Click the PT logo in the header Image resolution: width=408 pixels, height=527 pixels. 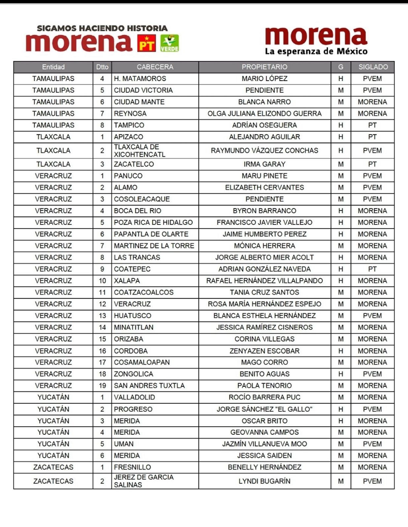[x=146, y=43]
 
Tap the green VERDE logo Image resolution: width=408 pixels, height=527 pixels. [x=169, y=43]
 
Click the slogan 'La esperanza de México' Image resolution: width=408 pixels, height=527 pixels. [x=316, y=51]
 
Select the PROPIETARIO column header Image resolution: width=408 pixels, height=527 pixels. [x=264, y=67]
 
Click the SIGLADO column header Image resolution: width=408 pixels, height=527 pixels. [x=373, y=67]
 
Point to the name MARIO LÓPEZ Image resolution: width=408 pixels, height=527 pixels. [x=264, y=79]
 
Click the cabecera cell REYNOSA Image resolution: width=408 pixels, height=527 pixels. [x=130, y=114]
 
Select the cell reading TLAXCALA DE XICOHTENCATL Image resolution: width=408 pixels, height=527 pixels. [x=140, y=151]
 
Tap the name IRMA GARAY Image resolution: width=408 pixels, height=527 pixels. [x=264, y=164]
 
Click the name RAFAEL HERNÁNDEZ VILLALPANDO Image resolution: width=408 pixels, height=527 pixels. [x=264, y=281]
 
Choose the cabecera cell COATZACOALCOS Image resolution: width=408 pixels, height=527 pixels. [x=144, y=292]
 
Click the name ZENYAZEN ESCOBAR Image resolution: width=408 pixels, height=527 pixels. [x=264, y=351]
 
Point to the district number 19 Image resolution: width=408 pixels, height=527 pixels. [x=102, y=386]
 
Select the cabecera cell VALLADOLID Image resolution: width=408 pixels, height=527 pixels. [x=134, y=397]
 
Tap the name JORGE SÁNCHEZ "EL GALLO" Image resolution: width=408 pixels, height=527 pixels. [x=264, y=409]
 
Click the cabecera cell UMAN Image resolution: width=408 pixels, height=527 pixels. [x=124, y=444]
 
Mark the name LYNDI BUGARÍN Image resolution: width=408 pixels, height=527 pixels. [x=264, y=481]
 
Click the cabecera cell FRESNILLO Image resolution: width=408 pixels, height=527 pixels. [x=132, y=467]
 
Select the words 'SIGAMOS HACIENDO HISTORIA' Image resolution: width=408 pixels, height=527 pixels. [x=102, y=28]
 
